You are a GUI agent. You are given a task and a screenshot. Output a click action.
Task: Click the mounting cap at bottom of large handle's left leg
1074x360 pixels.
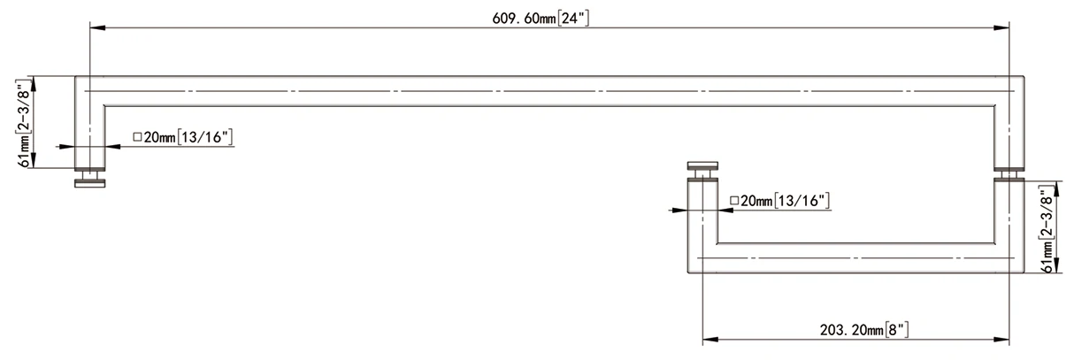[88, 181]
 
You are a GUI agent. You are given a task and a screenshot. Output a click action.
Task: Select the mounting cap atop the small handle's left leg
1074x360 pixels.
[702, 165]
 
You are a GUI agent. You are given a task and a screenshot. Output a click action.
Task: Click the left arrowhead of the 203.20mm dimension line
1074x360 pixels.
[709, 338]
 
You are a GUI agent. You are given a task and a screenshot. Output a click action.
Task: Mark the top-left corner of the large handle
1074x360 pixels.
[75, 78]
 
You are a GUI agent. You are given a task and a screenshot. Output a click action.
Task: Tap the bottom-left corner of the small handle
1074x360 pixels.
[687, 272]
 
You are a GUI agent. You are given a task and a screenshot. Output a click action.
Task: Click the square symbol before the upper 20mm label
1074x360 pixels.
[137, 137]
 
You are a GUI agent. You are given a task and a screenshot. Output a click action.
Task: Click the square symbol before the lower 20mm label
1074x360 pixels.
[733, 201]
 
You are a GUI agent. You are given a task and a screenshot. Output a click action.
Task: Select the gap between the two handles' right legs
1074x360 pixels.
[1009, 173]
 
